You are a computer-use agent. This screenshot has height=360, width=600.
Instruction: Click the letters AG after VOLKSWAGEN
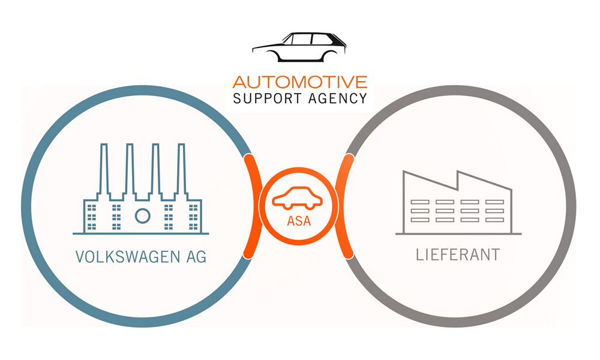(193, 257)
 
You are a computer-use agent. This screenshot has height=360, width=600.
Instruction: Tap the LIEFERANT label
(458, 254)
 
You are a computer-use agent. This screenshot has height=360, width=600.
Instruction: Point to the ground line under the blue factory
(141, 233)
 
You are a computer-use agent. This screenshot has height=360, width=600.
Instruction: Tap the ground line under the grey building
(458, 233)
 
